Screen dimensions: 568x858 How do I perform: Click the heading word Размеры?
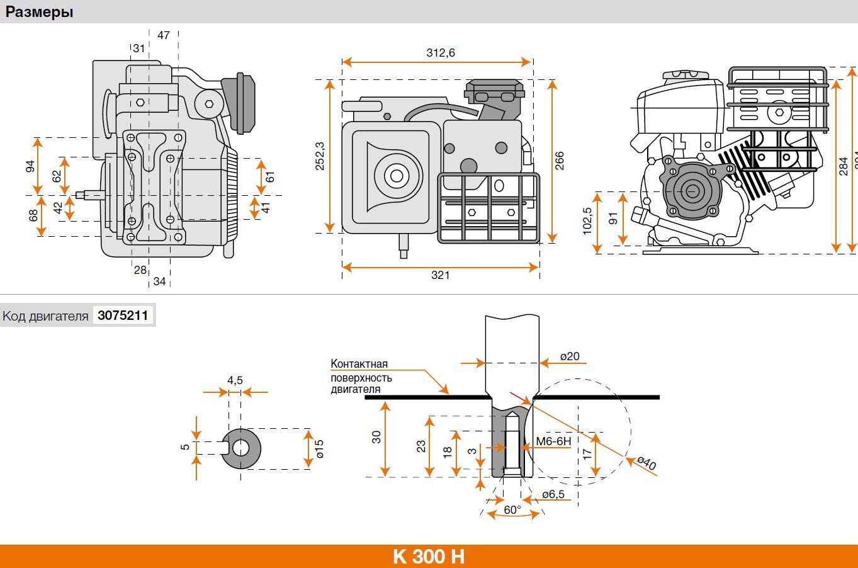coord(39,12)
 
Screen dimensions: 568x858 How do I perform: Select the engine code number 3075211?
coord(123,315)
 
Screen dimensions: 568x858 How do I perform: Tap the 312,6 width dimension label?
coord(440,53)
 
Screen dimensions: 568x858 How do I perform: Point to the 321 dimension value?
coord(440,275)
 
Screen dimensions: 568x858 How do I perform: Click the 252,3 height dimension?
coord(320,156)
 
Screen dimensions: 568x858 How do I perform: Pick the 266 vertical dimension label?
coord(560,161)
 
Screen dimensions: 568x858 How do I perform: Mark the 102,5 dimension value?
coord(587,221)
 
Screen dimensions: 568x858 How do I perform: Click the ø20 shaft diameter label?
coord(569,356)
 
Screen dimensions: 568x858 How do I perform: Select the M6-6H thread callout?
coord(554,441)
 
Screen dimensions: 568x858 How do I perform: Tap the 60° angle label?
coord(512,509)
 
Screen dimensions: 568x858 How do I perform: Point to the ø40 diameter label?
coord(646,463)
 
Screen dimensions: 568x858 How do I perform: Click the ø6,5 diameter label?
coord(553,494)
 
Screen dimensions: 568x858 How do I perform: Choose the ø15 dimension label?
coord(319,448)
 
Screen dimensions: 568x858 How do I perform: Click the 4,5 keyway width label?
coord(235,380)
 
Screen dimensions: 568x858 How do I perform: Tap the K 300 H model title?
coord(429,557)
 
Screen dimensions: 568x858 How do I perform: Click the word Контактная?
coord(359,364)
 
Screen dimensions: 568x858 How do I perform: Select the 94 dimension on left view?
coord(30,166)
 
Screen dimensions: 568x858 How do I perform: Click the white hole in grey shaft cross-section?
coord(240,448)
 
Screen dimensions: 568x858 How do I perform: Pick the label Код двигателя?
coord(45,316)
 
